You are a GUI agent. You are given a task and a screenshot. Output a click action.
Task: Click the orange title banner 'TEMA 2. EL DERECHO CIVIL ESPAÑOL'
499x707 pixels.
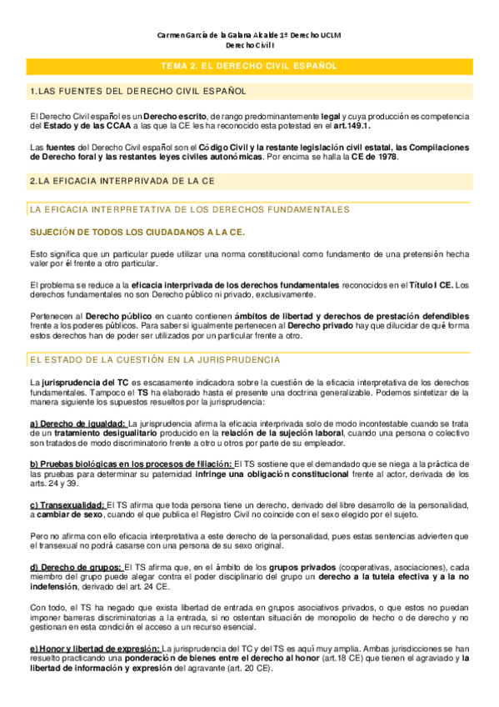click(249, 65)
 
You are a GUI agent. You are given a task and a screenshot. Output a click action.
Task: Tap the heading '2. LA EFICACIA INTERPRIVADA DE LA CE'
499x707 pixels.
click(122, 179)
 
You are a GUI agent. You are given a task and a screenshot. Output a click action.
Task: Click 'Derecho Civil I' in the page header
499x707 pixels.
click(249, 47)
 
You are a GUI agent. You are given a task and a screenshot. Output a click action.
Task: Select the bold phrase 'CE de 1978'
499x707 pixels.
click(376, 157)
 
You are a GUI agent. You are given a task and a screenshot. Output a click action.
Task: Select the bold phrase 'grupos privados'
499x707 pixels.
click(304, 566)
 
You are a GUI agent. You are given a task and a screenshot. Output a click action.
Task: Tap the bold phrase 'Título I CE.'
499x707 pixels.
click(429, 284)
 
